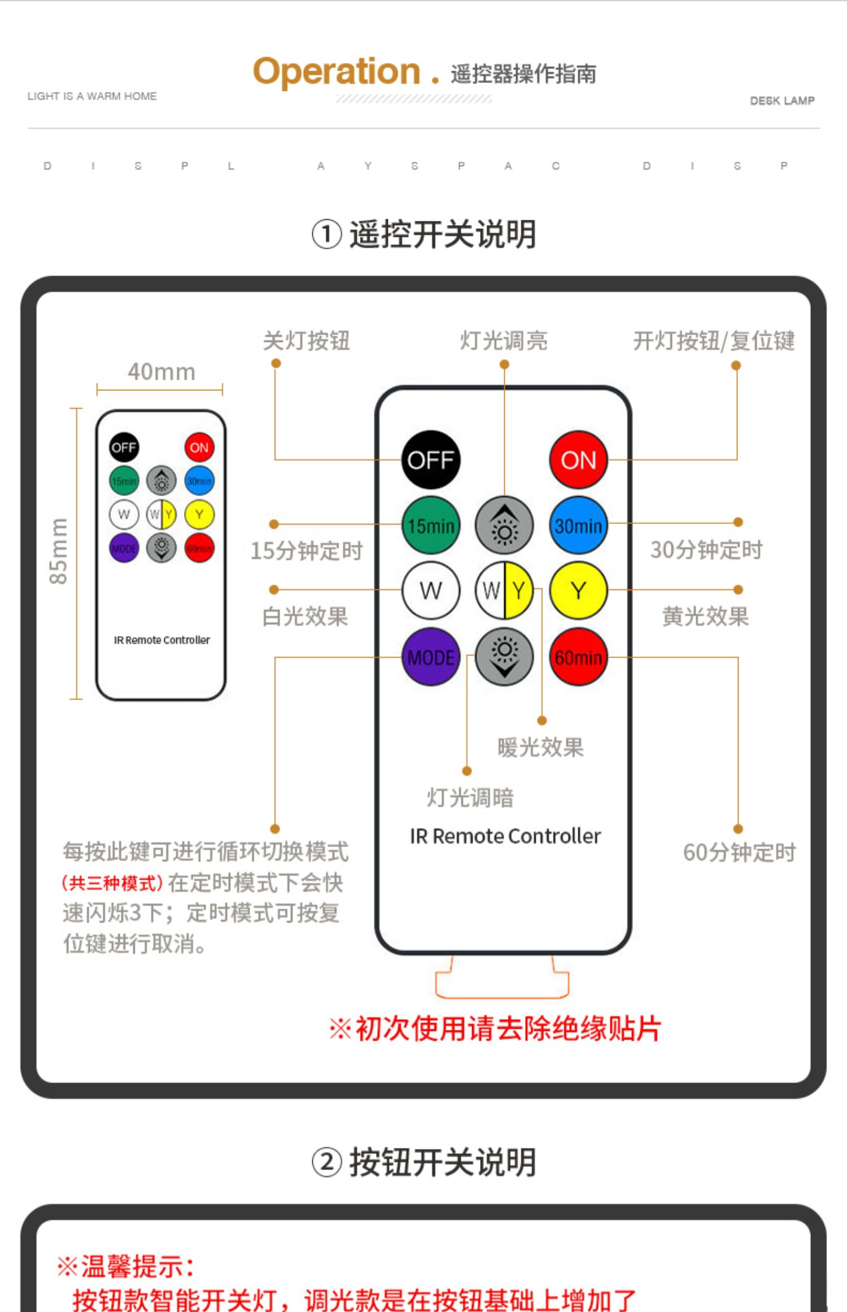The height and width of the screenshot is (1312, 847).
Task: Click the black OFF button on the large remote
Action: tap(431, 460)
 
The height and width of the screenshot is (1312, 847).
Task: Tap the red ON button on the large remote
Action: tap(578, 460)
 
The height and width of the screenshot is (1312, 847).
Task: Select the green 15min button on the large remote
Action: tap(431, 525)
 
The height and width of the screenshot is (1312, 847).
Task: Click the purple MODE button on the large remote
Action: tap(431, 657)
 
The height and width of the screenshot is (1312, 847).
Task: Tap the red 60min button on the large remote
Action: tap(578, 657)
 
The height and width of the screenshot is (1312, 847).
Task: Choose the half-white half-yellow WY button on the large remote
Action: tap(504, 590)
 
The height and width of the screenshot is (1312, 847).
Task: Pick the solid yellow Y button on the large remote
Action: tap(578, 590)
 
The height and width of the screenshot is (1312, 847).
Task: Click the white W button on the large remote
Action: tap(431, 590)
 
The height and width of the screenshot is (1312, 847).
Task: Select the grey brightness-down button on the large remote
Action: tap(504, 657)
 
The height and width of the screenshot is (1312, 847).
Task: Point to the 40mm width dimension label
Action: tap(161, 372)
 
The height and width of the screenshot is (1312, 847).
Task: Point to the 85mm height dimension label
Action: tap(58, 551)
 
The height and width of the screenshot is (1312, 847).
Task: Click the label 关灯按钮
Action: tap(307, 341)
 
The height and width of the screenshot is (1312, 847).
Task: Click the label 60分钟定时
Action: tap(739, 852)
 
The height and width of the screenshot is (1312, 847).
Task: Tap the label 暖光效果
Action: tap(540, 747)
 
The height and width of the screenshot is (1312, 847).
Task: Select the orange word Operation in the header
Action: tap(337, 71)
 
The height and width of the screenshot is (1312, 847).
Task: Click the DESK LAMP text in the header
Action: tap(782, 101)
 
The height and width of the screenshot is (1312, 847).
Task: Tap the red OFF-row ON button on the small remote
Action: tap(199, 448)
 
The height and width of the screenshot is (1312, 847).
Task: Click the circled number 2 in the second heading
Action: tap(326, 1163)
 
